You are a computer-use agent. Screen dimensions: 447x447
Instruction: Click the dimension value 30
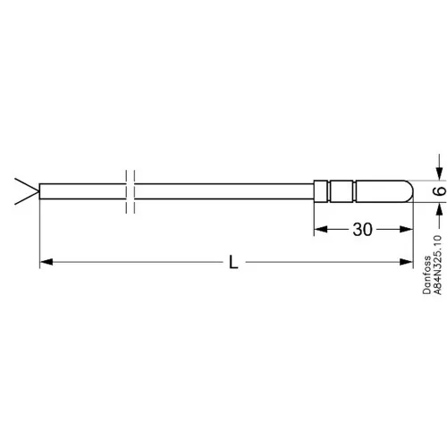(x=362, y=230)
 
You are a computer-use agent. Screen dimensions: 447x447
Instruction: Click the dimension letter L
(x=233, y=262)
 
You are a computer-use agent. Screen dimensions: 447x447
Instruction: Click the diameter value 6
(x=440, y=190)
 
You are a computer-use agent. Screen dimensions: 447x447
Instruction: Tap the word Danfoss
(x=427, y=274)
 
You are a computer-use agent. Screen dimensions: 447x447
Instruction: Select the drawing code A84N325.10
(x=437, y=265)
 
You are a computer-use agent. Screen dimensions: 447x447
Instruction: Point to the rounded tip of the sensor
(x=409, y=191)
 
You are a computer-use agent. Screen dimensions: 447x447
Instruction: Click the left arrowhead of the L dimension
(x=46, y=262)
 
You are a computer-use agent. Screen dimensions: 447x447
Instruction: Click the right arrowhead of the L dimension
(x=406, y=262)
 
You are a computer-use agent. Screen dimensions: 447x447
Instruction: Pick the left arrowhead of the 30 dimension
(x=321, y=229)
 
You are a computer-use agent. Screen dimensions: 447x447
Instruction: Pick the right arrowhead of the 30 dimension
(x=406, y=229)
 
